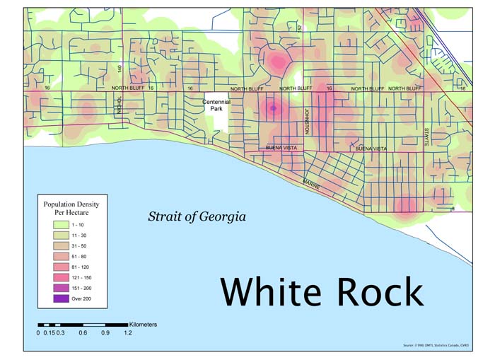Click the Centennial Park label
[216, 106]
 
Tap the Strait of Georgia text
[197, 216]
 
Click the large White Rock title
[322, 291]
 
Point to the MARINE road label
[312, 185]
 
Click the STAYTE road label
[426, 137]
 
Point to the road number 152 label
[299, 28]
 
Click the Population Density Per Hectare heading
[71, 207]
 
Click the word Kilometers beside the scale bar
[144, 324]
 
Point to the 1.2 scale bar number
[128, 332]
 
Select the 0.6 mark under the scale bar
[83, 332]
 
